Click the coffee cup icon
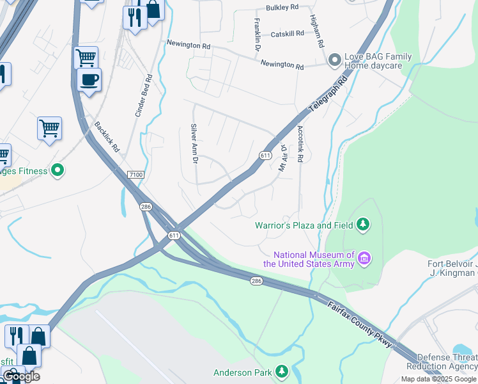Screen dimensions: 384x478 (89, 80)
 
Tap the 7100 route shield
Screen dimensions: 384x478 (136, 174)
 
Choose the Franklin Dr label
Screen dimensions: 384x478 (257, 35)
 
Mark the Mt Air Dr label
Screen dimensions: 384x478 (282, 157)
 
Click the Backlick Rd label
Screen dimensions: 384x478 (107, 136)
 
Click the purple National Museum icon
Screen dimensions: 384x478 (364, 259)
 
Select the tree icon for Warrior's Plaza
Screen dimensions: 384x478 (363, 225)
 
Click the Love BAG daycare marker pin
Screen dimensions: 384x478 (334, 61)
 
